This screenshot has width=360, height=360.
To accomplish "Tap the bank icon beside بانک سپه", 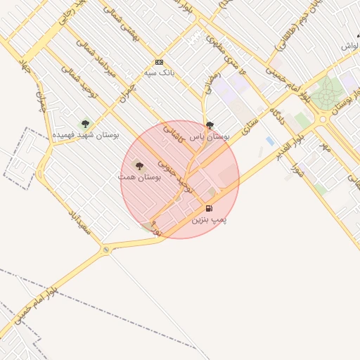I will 159,62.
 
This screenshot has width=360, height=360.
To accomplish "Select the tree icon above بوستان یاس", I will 210,126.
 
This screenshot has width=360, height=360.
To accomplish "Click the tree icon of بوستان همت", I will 139,167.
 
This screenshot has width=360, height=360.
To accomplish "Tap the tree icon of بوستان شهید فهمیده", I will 85,124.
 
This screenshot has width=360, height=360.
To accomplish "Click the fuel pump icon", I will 209,208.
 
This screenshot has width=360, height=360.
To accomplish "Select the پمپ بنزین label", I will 210,219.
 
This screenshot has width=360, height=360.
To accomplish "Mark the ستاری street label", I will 250,129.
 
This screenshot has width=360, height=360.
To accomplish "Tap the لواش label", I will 350,45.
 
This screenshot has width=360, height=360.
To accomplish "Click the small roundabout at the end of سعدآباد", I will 105,249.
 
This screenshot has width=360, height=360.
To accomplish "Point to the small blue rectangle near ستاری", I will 270,141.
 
